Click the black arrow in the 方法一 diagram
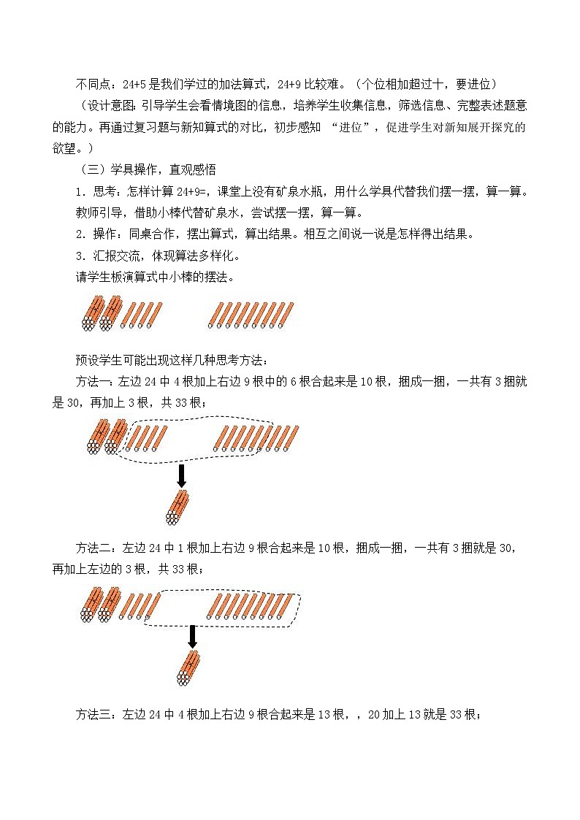click(x=182, y=475)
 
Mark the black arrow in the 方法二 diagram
click(x=192, y=636)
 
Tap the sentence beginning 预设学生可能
click(x=172, y=360)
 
